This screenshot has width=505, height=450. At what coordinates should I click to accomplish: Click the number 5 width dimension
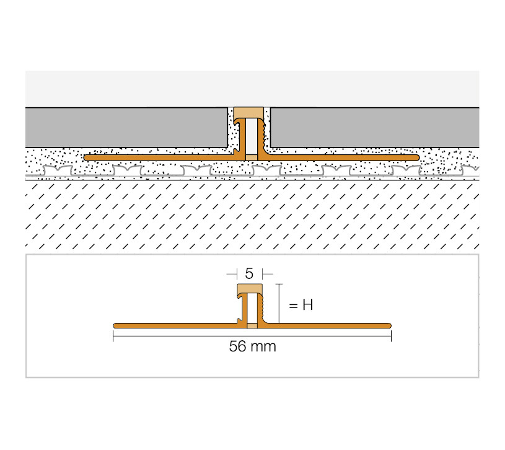click(249, 273)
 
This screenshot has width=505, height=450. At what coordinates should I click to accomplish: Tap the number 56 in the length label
click(238, 346)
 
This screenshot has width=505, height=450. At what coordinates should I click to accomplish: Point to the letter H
click(307, 305)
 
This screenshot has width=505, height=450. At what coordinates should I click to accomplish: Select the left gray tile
click(126, 128)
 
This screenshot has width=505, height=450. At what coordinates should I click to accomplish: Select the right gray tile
click(374, 128)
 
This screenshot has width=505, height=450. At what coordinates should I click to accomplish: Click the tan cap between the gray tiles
click(248, 113)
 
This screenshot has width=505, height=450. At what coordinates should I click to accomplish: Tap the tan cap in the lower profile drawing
click(250, 289)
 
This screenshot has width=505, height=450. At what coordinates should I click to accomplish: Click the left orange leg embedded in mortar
click(161, 157)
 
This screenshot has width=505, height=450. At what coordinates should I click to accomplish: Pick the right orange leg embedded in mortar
click(341, 157)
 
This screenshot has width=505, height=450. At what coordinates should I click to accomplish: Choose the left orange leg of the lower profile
click(177, 325)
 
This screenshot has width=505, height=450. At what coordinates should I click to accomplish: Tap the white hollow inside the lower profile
click(252, 308)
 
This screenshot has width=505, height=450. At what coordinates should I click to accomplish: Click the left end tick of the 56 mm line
click(113, 337)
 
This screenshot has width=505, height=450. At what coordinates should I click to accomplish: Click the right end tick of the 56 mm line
click(391, 337)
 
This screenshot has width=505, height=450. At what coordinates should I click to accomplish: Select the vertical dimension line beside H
click(279, 304)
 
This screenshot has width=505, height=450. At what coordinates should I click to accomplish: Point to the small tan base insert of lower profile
click(252, 325)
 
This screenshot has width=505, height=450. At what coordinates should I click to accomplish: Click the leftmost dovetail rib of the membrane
click(58, 170)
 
